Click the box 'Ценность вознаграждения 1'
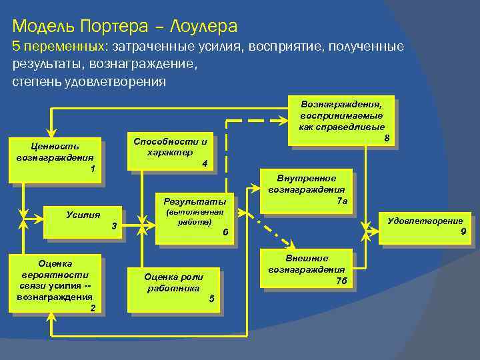55,159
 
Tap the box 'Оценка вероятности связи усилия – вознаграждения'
55,283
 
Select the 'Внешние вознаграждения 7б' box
307,269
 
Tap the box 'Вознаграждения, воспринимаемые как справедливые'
341,119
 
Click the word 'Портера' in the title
113,27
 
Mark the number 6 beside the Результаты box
225,232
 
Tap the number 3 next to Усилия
114,227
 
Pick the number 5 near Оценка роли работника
211,298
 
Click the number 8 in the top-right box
387,138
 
